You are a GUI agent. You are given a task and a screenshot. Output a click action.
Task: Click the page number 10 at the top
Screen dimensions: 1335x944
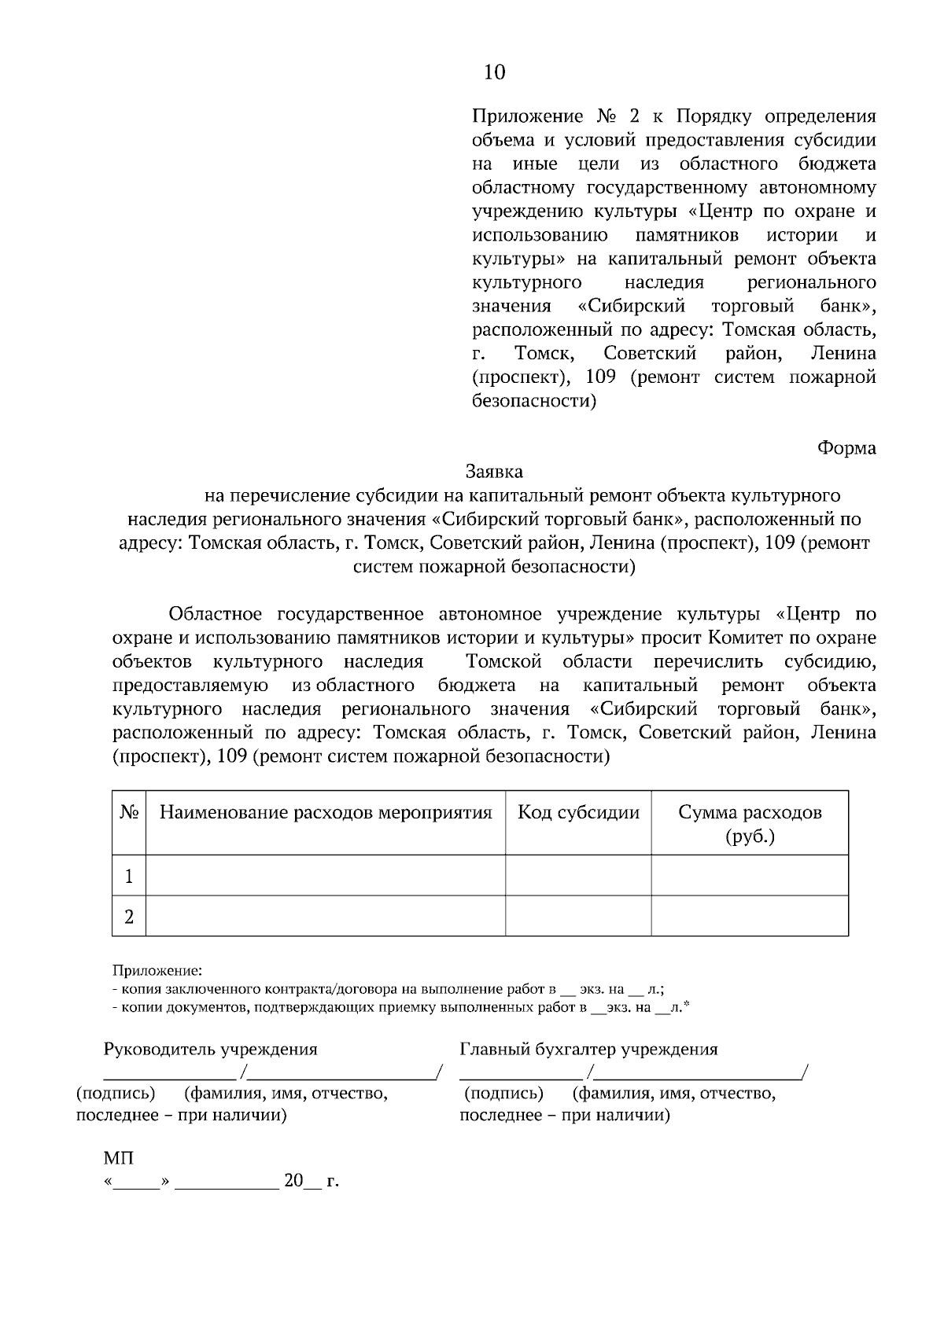click(495, 73)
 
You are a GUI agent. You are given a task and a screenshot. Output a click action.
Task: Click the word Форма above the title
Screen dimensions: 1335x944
click(846, 448)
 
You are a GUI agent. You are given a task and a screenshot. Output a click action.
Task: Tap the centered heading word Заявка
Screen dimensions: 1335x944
click(494, 472)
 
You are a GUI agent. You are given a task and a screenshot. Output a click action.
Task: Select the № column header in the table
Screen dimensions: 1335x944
click(129, 813)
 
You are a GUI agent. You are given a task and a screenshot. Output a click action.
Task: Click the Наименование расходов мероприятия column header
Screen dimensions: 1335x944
click(326, 813)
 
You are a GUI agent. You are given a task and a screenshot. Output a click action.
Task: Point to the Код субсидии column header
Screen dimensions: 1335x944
click(578, 813)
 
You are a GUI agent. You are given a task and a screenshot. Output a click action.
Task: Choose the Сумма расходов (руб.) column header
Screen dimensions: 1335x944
click(750, 823)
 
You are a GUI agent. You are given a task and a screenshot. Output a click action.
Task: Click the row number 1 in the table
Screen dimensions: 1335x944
click(129, 876)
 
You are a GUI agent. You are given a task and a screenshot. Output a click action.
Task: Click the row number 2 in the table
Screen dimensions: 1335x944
click(129, 917)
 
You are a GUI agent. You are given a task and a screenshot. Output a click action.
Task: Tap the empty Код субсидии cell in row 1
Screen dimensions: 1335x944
click(578, 876)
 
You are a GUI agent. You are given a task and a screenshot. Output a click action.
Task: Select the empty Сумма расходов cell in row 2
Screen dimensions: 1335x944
click(750, 917)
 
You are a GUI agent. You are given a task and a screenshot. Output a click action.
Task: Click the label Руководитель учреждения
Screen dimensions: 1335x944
click(211, 1050)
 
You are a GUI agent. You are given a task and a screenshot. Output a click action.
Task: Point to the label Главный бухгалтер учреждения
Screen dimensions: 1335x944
click(588, 1050)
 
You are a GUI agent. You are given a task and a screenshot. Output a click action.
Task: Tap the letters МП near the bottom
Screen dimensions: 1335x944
click(118, 1159)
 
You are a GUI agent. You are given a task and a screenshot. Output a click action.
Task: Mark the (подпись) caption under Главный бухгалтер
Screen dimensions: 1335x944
click(503, 1094)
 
